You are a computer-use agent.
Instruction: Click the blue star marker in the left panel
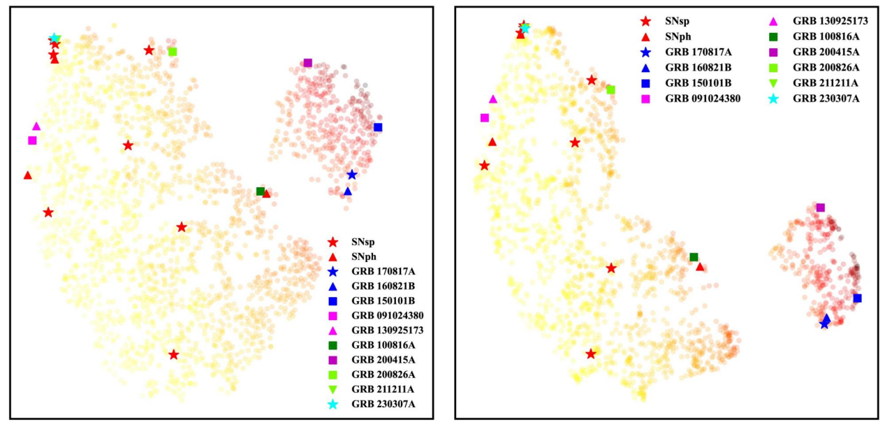click(x=351, y=175)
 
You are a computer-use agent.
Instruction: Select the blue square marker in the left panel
click(x=378, y=127)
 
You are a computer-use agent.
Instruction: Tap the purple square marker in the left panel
click(x=308, y=63)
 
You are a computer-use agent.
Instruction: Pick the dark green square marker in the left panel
click(x=261, y=191)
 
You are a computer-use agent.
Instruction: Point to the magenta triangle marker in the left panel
click(x=36, y=126)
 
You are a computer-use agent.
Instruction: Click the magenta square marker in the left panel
click(x=32, y=140)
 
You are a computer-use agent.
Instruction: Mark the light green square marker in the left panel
click(x=173, y=52)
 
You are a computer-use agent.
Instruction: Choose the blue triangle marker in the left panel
click(x=348, y=191)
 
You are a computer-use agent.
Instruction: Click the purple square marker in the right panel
click(x=821, y=208)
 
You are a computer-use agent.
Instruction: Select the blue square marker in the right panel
click(x=858, y=298)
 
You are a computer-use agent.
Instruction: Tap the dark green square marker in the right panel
click(x=694, y=257)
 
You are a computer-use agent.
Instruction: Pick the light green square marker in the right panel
click(x=610, y=89)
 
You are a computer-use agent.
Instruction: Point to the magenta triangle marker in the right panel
click(x=493, y=99)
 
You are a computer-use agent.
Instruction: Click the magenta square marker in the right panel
click(x=485, y=118)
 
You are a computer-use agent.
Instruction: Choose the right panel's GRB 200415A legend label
click(x=826, y=52)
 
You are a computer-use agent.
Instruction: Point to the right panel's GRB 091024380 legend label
click(x=703, y=99)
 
